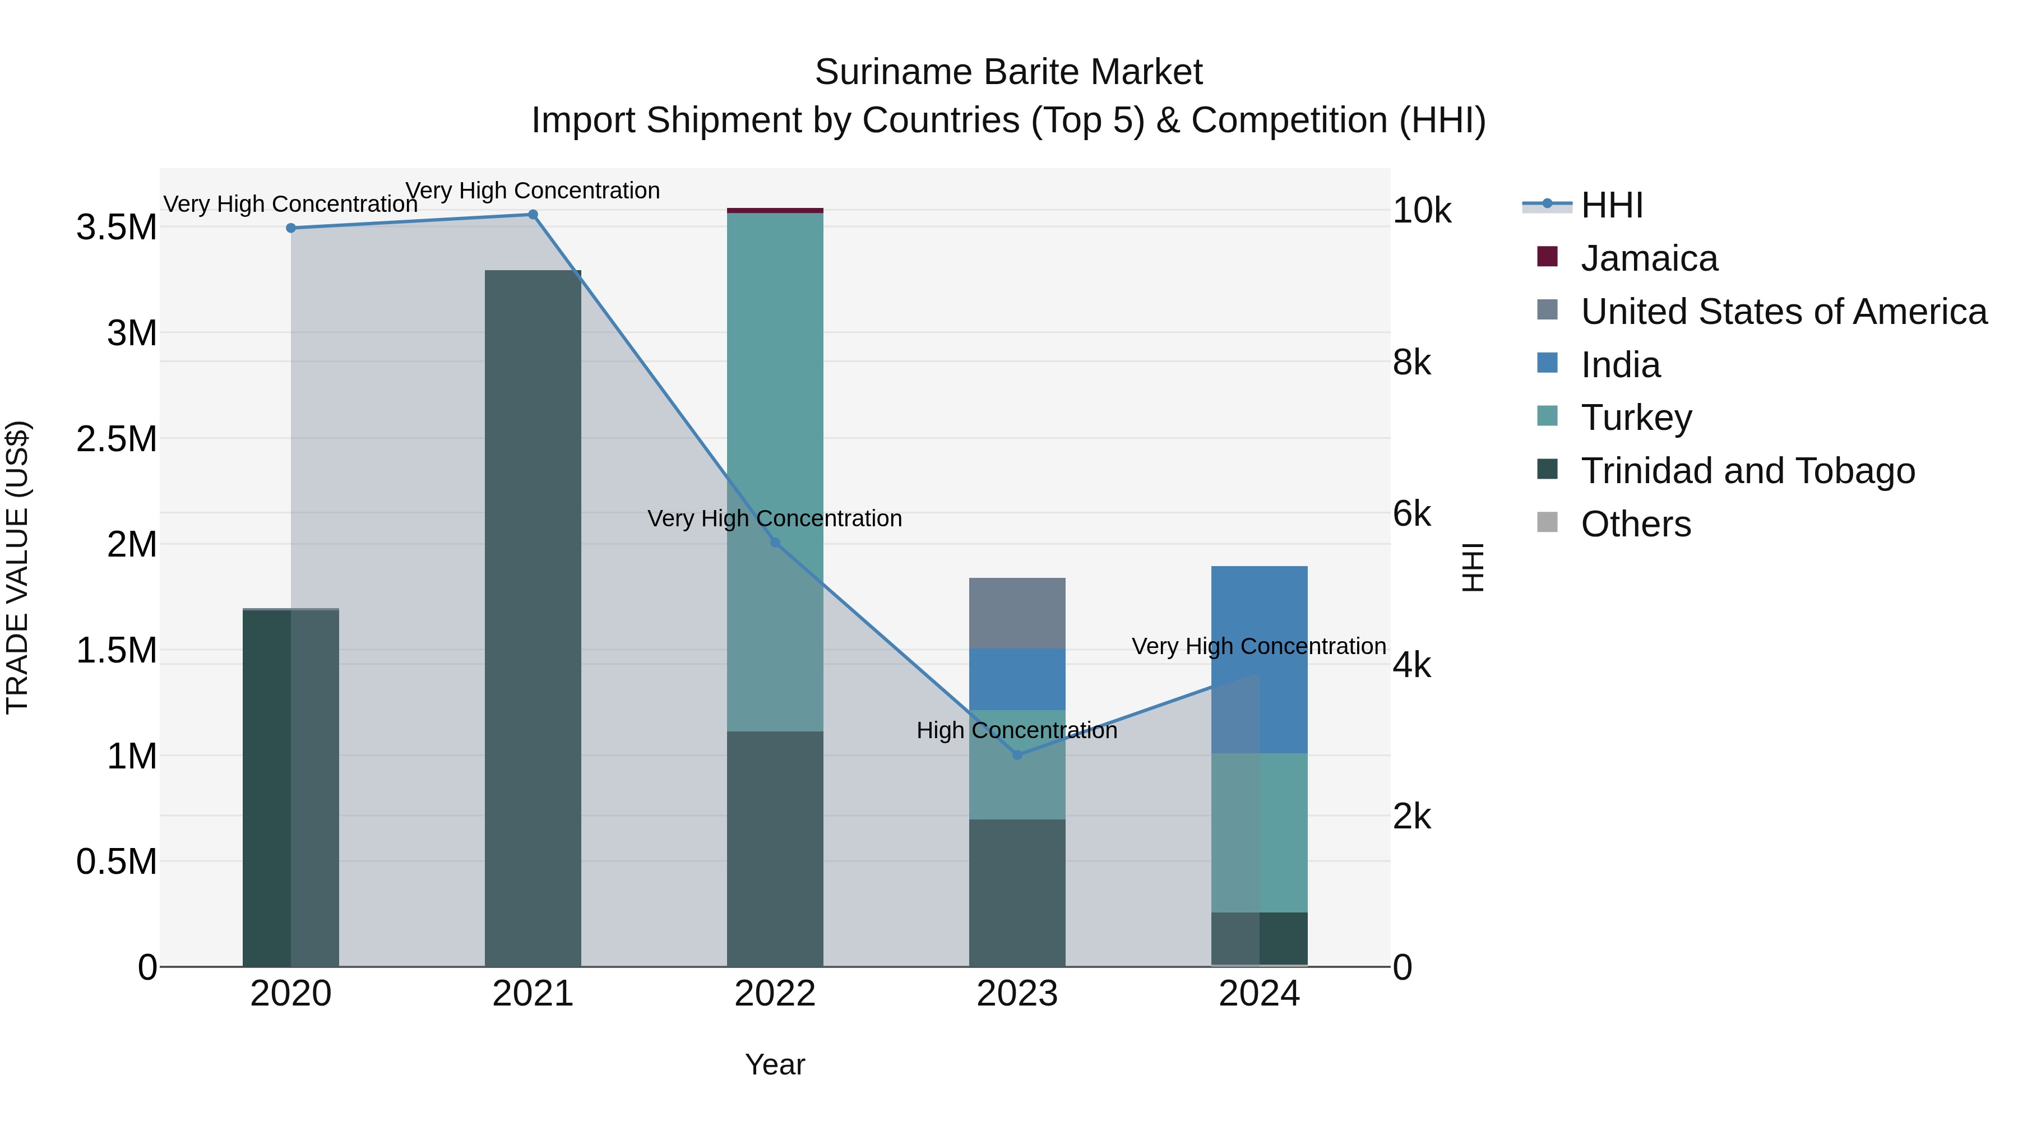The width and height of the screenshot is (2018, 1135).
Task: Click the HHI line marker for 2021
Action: click(533, 215)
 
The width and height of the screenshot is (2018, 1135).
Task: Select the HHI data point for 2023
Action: click(1017, 755)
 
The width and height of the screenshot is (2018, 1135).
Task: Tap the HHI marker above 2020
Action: click(290, 228)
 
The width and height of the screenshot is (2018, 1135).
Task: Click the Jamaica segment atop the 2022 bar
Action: click(775, 211)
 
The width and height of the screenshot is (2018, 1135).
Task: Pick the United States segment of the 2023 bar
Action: click(1017, 613)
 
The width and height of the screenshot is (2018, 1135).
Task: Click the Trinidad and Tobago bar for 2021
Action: click(533, 619)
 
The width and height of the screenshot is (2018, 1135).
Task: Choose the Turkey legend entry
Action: click(1636, 418)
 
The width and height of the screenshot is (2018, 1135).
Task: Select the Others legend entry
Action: click(1635, 524)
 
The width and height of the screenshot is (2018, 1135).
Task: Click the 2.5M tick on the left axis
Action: click(117, 439)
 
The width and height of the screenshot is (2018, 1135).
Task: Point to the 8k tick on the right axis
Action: click(1411, 363)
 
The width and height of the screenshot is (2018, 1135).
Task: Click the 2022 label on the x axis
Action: click(775, 994)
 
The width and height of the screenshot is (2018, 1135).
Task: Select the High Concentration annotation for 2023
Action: click(1017, 730)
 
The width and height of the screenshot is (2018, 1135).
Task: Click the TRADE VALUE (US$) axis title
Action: click(18, 567)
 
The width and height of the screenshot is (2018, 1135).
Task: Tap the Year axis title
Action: click(775, 1064)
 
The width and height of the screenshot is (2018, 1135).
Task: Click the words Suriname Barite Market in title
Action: click(1008, 72)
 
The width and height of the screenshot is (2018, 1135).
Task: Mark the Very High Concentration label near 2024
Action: click(1259, 646)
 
